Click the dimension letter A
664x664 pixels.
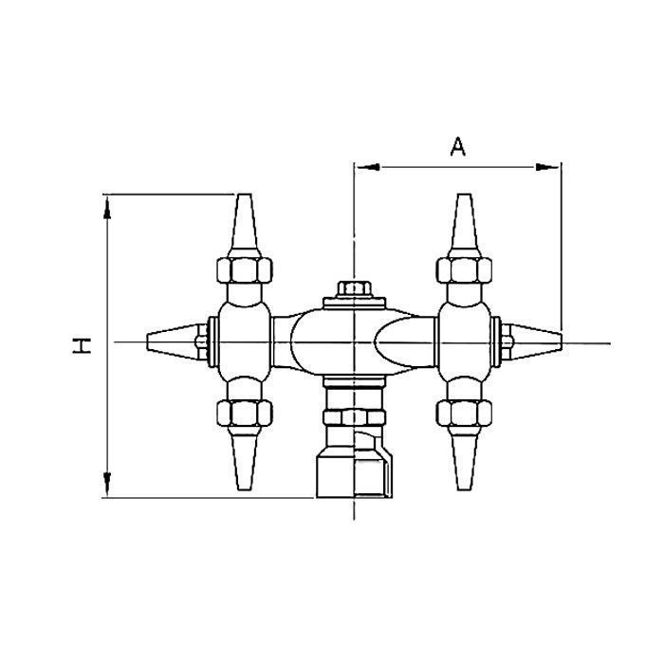(458, 147)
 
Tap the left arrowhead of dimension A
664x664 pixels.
(366, 168)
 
